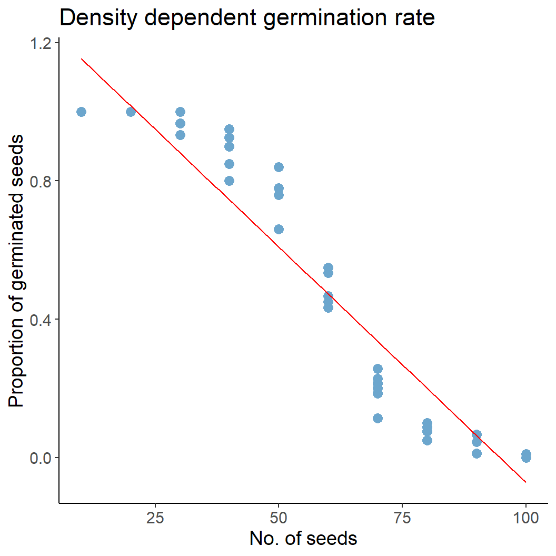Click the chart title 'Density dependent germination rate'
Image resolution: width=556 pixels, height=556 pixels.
(x=247, y=18)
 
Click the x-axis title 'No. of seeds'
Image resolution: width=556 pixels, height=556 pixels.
(x=303, y=539)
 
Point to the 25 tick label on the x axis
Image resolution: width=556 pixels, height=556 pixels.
(x=155, y=518)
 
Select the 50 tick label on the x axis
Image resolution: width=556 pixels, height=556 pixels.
(x=279, y=518)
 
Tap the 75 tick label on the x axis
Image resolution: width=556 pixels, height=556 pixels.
(x=402, y=518)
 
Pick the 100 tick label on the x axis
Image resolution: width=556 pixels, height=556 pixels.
(x=526, y=518)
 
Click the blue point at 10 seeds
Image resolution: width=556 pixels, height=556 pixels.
(x=81, y=112)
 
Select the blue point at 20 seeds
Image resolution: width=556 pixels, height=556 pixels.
(x=131, y=112)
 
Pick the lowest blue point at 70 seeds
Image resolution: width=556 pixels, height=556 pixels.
(x=378, y=418)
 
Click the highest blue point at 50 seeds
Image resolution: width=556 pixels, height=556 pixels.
(x=279, y=167)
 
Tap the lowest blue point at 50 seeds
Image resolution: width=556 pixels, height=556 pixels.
(x=279, y=229)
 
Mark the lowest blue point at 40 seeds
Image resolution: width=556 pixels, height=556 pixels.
(x=229, y=181)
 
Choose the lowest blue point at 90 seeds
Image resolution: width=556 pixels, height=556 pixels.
(x=476, y=453)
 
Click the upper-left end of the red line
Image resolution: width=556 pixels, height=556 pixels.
(x=81, y=58)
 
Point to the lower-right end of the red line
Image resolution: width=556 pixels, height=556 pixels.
(x=526, y=482)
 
